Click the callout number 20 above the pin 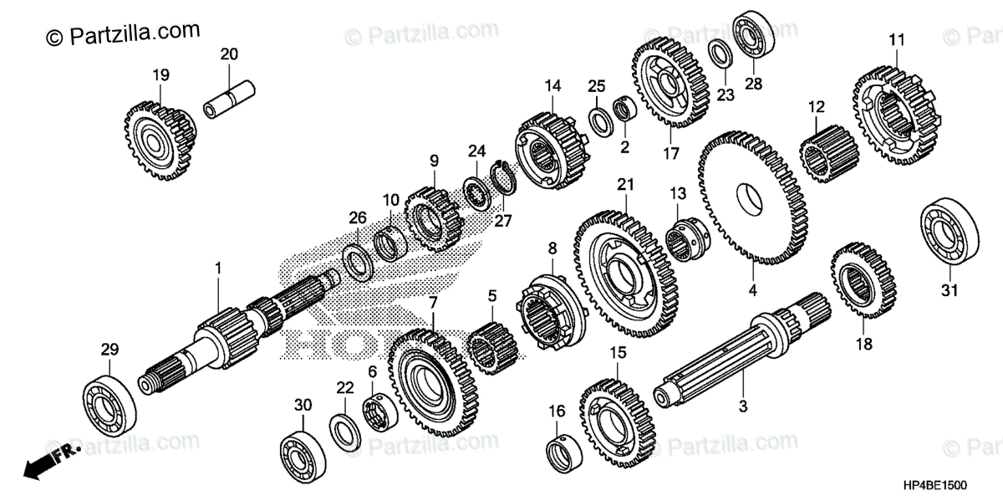point(229,55)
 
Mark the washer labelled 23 point(722,53)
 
